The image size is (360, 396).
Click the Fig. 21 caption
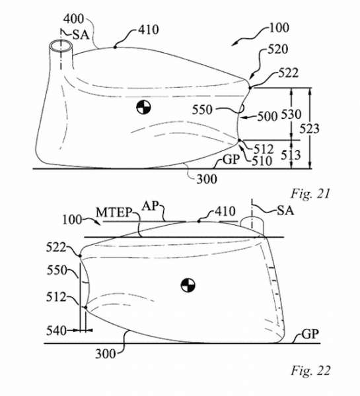(310, 194)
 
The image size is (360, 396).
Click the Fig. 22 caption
(310, 371)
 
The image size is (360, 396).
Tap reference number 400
(73, 19)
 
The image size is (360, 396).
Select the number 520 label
(278, 49)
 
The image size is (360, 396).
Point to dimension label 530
(291, 115)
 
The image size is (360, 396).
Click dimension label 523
(309, 129)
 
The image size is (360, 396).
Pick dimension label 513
(291, 155)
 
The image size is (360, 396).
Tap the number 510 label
(262, 160)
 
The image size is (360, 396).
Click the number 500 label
(268, 117)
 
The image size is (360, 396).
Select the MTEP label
(114, 213)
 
